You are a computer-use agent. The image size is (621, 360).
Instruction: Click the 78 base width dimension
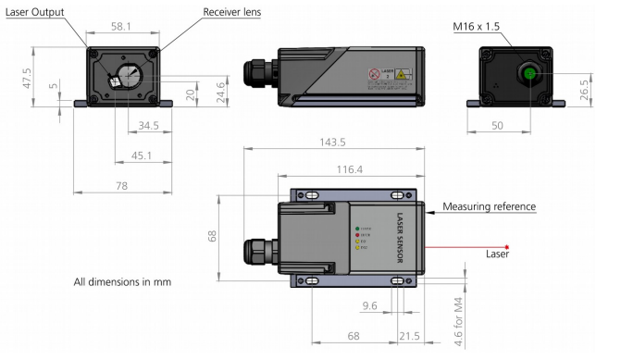click(122, 187)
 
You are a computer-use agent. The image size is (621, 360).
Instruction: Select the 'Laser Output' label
click(39, 13)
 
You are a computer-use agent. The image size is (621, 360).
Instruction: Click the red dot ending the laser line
click(507, 246)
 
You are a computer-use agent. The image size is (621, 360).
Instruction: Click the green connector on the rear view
click(528, 75)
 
